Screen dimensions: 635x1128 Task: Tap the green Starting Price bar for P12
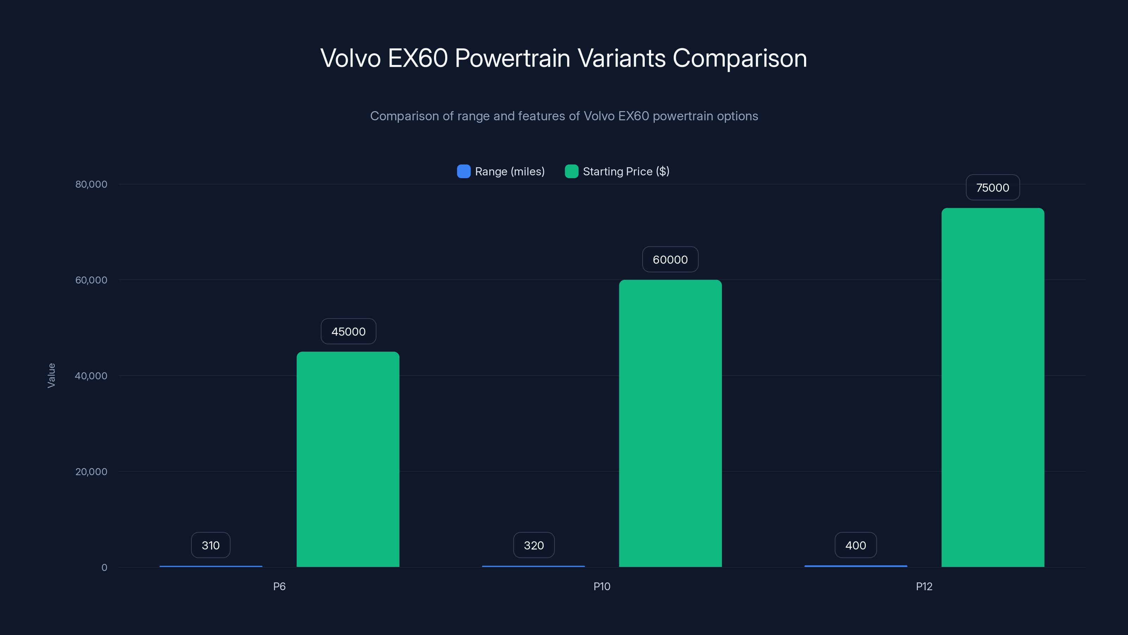coord(993,387)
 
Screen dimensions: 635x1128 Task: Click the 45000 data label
coord(348,331)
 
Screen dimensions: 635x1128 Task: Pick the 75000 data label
coord(993,188)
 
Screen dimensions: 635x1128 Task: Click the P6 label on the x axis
coord(280,586)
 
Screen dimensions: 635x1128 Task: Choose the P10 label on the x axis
coord(602,586)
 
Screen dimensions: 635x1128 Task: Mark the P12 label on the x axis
coord(924,586)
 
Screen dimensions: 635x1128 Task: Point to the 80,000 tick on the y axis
coord(91,184)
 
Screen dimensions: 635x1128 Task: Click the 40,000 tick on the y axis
coord(91,376)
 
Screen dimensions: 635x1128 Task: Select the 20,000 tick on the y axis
coord(91,472)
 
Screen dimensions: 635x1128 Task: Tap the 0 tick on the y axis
coord(104,568)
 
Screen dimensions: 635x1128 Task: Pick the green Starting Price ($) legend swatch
coord(571,171)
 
